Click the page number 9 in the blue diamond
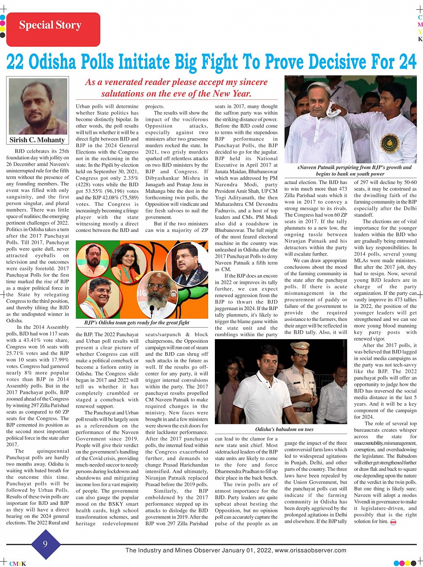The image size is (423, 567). (x=45, y=544)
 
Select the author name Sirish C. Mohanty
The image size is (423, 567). (x=37, y=140)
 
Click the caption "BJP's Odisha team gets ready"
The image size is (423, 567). (x=137, y=322)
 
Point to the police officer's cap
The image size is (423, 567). (x=299, y=348)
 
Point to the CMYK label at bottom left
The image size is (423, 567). (x=17, y=563)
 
